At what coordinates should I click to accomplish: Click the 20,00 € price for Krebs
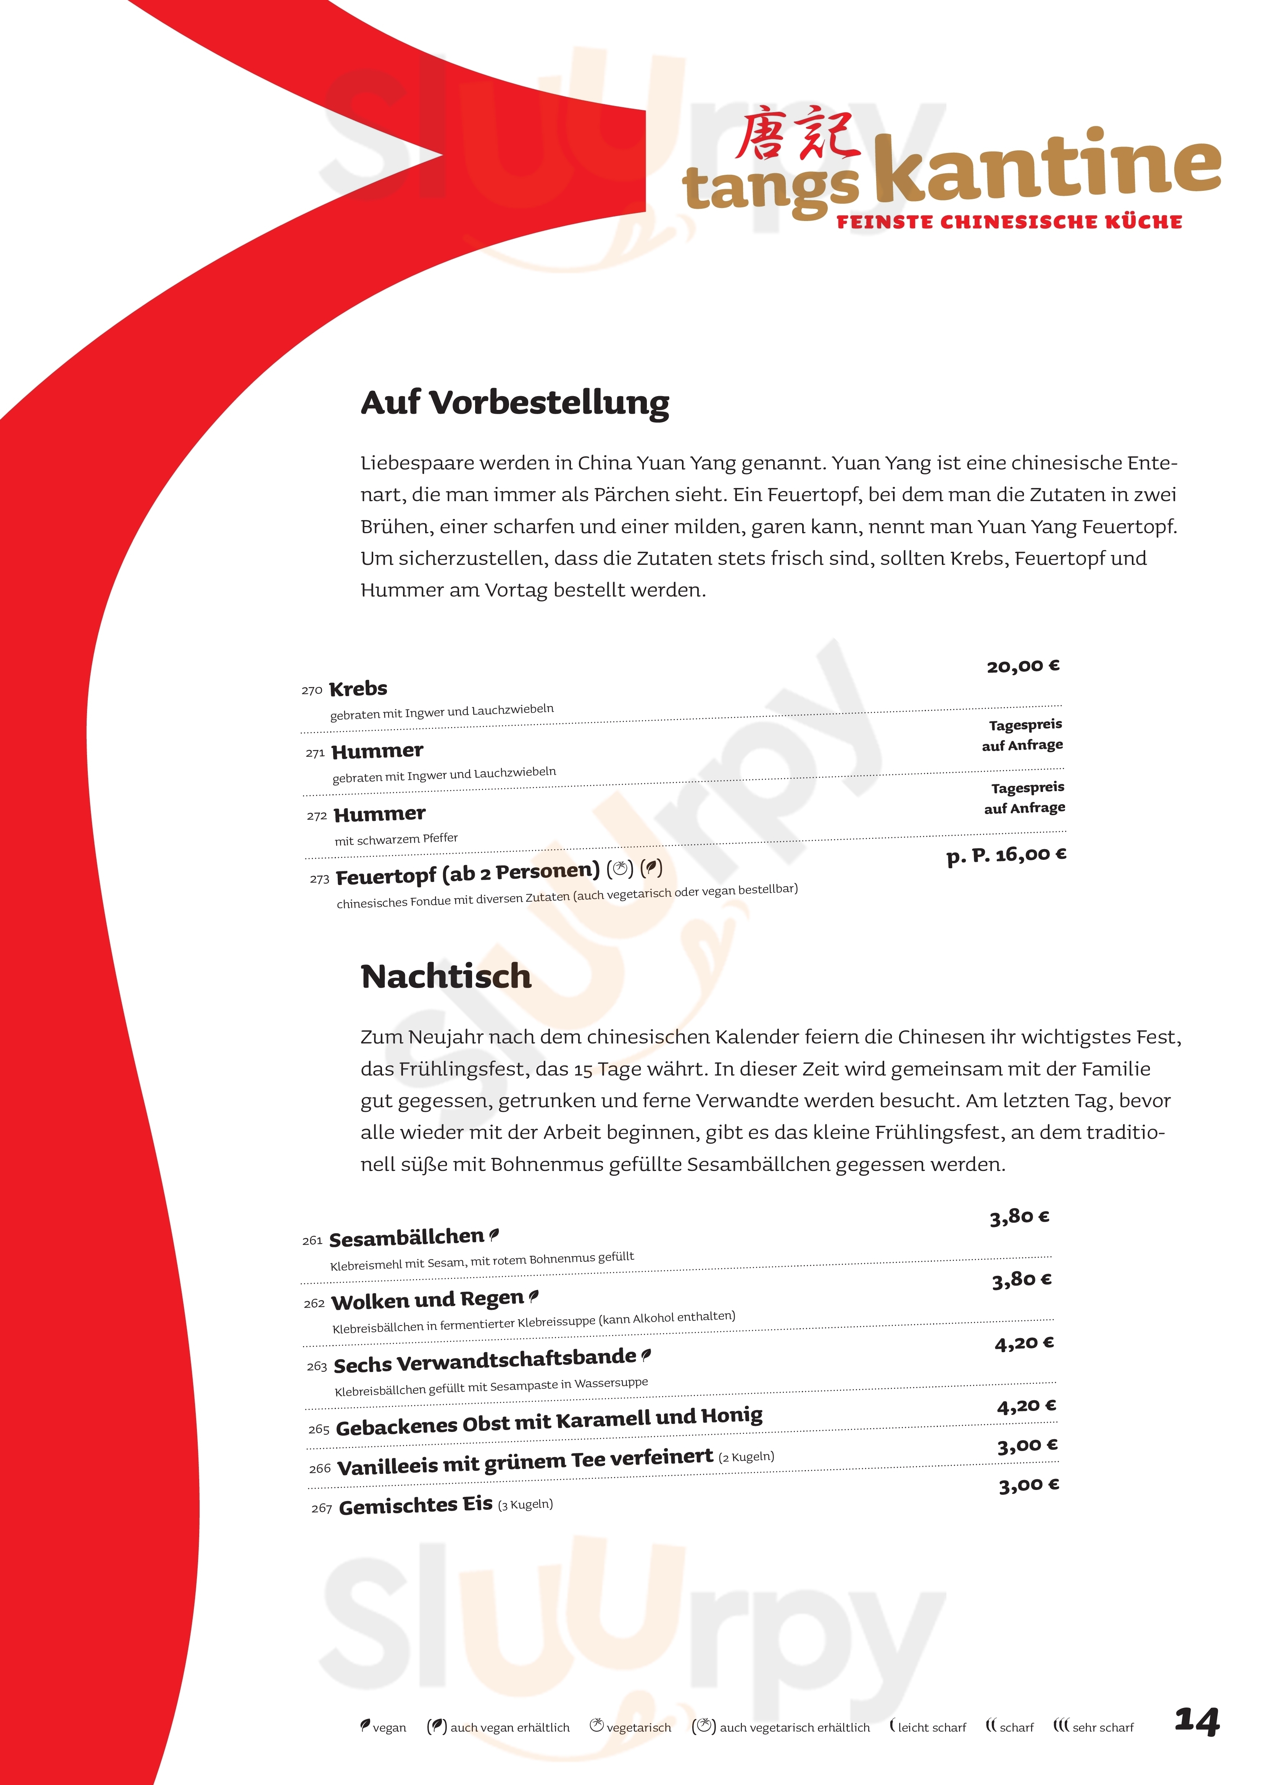1022,666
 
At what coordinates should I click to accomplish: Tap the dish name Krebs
358,689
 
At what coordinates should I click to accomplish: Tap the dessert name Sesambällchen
406,1238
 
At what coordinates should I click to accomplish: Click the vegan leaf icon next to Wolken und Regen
533,1296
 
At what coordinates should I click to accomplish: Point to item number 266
319,1469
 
